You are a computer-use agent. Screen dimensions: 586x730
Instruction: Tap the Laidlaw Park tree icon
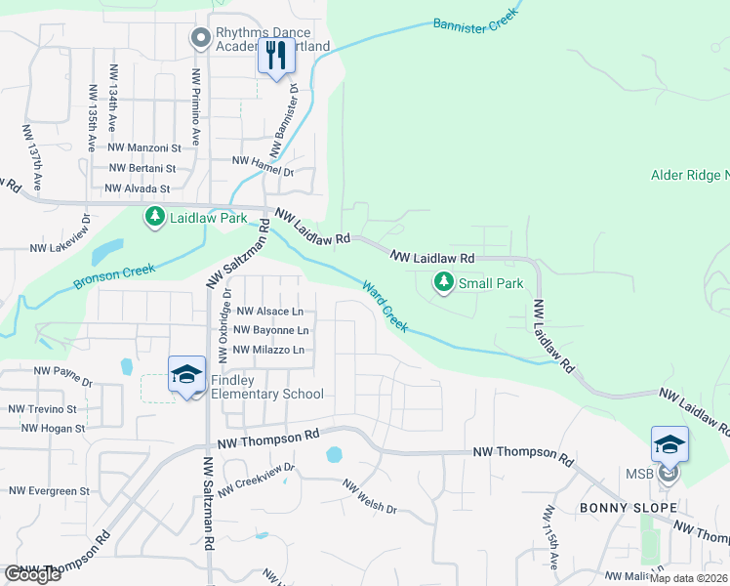154,217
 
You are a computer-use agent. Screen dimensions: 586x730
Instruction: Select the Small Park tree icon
444,283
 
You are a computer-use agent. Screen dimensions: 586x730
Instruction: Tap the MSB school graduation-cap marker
669,446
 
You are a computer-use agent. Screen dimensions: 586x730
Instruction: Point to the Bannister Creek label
474,21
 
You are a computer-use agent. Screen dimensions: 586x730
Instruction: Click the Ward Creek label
385,306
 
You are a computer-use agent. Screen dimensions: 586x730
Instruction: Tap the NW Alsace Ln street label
269,312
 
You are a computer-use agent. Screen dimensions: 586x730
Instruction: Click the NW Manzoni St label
144,147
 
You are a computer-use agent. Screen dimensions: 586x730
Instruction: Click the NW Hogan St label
53,428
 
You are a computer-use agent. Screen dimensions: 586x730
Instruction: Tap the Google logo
33,574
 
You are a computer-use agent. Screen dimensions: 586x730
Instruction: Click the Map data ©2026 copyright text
688,578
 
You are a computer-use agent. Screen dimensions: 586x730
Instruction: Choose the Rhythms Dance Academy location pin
201,38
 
